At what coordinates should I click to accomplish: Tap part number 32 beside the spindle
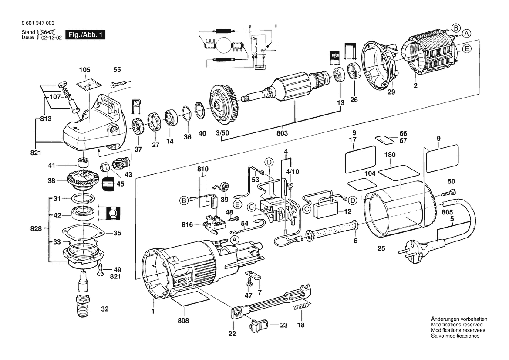point(104,309)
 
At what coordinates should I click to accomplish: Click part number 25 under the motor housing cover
point(381,249)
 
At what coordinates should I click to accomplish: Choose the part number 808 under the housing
point(184,321)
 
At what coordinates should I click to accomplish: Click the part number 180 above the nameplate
point(390,155)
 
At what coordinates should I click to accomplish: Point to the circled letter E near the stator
point(466,49)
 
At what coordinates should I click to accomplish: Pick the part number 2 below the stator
point(415,86)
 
